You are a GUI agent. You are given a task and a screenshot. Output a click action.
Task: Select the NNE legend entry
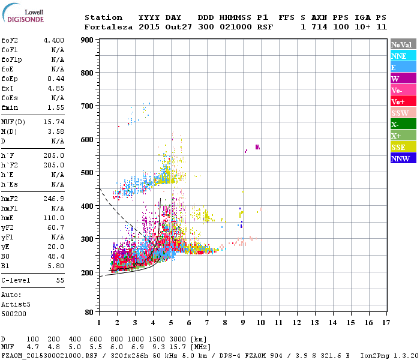pos(398,56)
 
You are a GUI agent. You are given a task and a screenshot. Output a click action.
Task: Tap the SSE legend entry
pos(398,147)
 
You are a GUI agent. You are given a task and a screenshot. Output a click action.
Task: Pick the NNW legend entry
pos(400,158)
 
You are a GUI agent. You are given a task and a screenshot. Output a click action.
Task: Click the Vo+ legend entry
pos(398,101)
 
